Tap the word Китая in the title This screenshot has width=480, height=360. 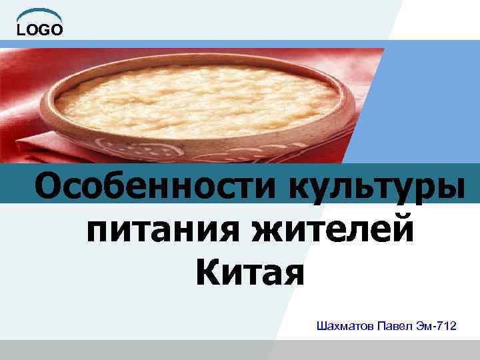point(250,273)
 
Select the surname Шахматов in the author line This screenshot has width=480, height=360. point(347,327)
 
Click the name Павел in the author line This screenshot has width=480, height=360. point(398,327)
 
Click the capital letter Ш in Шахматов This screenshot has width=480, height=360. point(323,327)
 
